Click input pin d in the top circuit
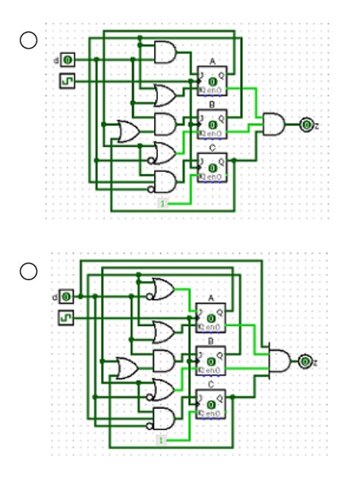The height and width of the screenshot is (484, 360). [67, 59]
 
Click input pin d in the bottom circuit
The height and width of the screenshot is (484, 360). [67, 296]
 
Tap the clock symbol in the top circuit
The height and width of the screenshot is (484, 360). [67, 79]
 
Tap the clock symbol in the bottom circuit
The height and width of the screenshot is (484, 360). [67, 315]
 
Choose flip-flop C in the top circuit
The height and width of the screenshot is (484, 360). [212, 166]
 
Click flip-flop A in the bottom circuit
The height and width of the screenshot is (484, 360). [212, 317]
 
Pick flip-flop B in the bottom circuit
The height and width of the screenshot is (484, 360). [212, 359]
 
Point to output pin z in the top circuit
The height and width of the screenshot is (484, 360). [305, 123]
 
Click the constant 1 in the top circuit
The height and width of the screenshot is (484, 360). [161, 204]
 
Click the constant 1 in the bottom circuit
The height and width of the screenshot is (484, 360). [161, 441]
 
